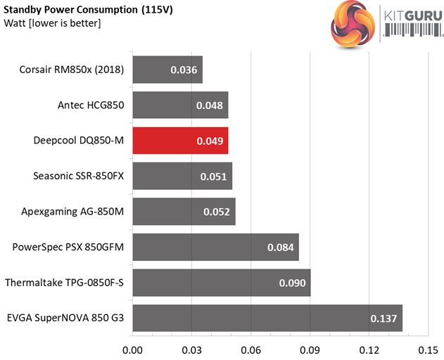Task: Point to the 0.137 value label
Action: pyautogui.click(x=384, y=319)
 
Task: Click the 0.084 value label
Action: pyautogui.click(x=281, y=247)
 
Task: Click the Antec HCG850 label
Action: pyautogui.click(x=91, y=105)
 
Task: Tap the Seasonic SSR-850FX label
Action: pyautogui.click(x=78, y=176)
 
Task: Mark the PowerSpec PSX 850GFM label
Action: pyautogui.click(x=68, y=247)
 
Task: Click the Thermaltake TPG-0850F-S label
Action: pyautogui.click(x=64, y=283)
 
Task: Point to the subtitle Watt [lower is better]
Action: pyautogui.click(x=52, y=25)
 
